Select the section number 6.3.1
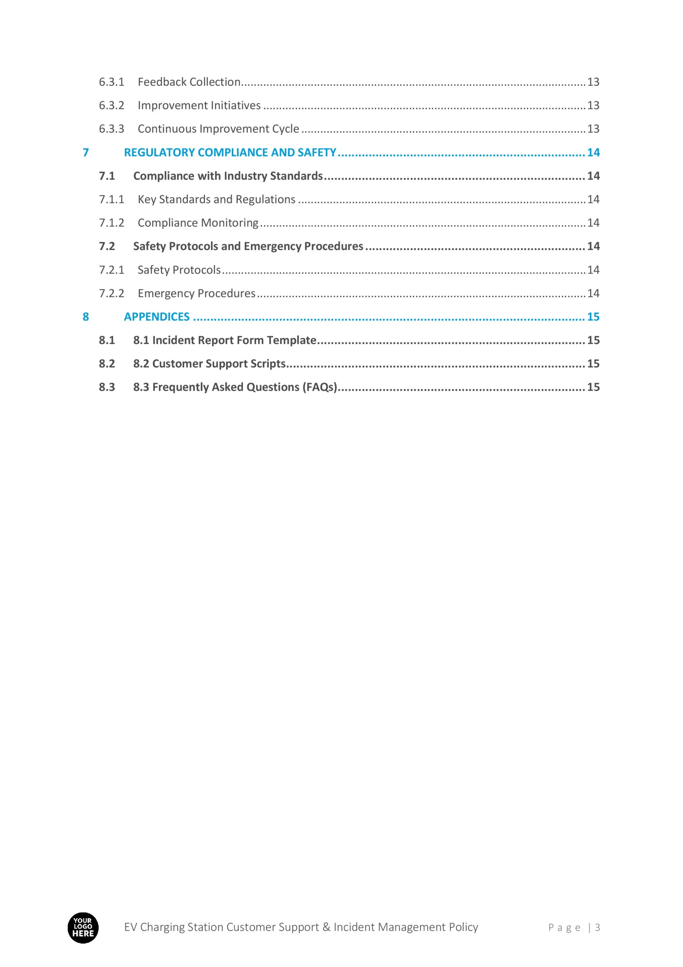point(112,82)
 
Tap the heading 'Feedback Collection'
point(189,82)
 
